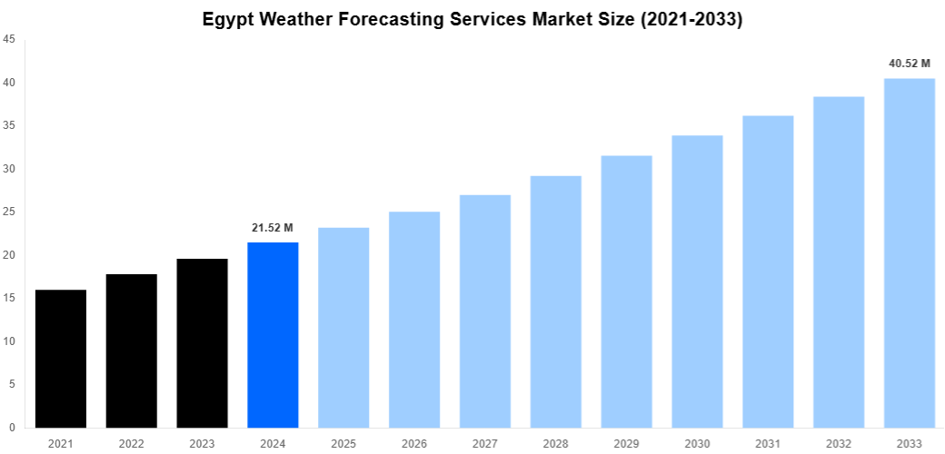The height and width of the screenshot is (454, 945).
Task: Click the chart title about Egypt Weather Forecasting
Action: (472, 18)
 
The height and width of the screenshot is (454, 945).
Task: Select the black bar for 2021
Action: (61, 359)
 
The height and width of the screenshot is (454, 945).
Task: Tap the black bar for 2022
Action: (132, 350)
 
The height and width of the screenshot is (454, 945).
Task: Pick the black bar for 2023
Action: (203, 343)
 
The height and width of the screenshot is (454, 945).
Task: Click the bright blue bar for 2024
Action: (273, 335)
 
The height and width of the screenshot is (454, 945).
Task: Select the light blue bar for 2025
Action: (343, 328)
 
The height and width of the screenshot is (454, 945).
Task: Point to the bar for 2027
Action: (485, 311)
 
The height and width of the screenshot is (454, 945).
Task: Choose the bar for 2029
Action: (627, 291)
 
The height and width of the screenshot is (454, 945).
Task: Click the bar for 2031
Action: (768, 271)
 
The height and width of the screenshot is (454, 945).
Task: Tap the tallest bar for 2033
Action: (910, 252)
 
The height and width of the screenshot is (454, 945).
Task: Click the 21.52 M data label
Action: (273, 227)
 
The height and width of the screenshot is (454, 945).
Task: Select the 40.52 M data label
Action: (910, 64)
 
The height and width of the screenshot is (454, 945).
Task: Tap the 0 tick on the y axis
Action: (11, 428)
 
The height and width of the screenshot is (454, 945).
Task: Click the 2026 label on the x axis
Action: (414, 443)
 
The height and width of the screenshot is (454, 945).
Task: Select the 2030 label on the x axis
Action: (697, 443)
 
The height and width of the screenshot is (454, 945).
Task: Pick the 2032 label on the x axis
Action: (839, 443)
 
